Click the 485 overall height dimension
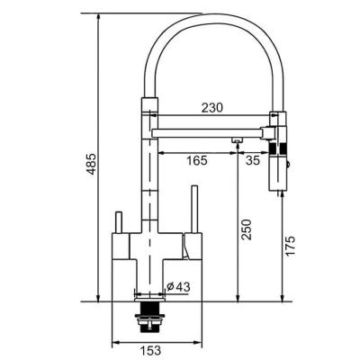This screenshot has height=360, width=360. tap(92, 164)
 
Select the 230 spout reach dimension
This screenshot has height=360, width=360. tap(212, 108)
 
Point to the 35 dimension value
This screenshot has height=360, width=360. tap(253, 160)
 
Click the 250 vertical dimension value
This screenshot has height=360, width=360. tap(247, 229)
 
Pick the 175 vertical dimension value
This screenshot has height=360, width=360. tap(290, 246)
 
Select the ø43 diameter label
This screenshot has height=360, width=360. tap(178, 287)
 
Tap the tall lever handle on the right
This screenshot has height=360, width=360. tap(194, 209)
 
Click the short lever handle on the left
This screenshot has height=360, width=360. tap(119, 222)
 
